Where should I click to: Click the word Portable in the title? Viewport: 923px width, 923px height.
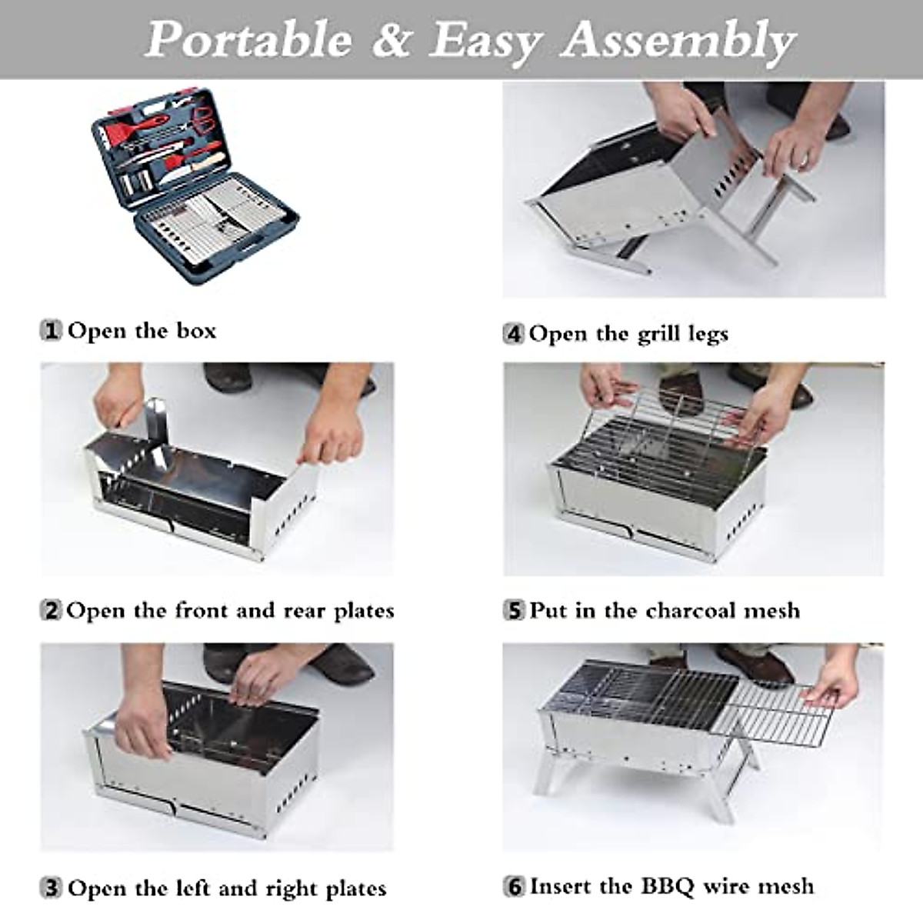pos(248,40)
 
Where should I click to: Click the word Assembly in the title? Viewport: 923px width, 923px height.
pos(677,40)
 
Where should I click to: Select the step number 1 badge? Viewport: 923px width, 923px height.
pos(52,332)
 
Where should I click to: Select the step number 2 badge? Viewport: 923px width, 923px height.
pos(52,611)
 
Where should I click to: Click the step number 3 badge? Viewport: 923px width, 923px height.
pos(52,889)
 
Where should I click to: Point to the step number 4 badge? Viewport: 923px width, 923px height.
pos(514,335)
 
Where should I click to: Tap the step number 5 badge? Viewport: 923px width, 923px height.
pos(514,611)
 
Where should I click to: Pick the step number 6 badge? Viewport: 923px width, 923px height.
pos(514,887)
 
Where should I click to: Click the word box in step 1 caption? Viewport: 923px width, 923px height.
pos(196,331)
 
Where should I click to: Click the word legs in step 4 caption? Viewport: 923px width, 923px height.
pos(707,335)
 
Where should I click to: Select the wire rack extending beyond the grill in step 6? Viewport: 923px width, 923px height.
pos(781,711)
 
